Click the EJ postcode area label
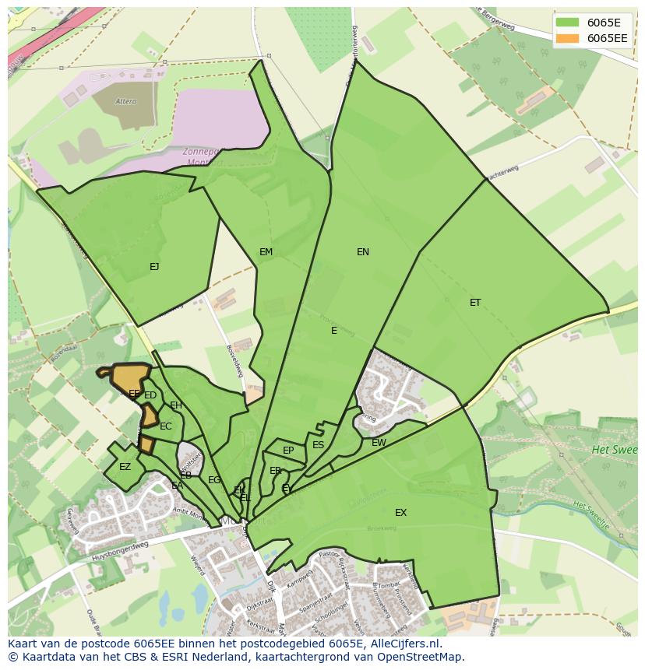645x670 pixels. [x=154, y=267]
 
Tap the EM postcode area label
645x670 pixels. [x=266, y=252]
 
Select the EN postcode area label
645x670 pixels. [x=363, y=252]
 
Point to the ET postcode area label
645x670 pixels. [x=475, y=303]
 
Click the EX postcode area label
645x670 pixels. [x=400, y=513]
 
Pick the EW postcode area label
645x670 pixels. [x=379, y=443]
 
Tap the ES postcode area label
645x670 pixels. [x=318, y=445]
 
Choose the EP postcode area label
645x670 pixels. [x=288, y=451]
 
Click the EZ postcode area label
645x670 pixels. [x=125, y=467]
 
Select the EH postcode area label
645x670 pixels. [x=176, y=405]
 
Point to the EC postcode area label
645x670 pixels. [x=166, y=426]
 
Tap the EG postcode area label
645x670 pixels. [x=214, y=480]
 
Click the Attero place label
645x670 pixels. [x=125, y=102]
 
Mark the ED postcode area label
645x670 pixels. [x=150, y=395]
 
